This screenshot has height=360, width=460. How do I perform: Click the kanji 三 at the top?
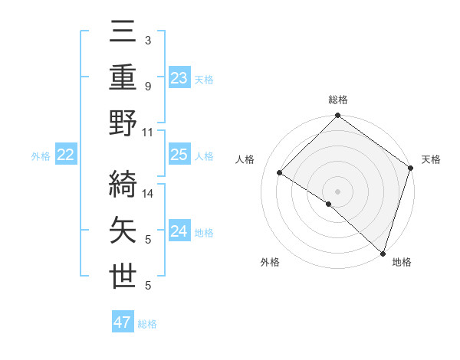click(x=123, y=34)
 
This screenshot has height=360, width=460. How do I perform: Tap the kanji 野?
click(x=123, y=124)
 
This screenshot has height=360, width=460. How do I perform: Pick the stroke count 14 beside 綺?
click(x=149, y=195)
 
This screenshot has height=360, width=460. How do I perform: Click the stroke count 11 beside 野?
click(x=149, y=133)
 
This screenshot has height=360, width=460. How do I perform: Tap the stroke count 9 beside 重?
click(x=148, y=87)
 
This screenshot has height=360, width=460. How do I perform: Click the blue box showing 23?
click(x=179, y=77)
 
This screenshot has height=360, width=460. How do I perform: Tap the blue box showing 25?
click(x=179, y=155)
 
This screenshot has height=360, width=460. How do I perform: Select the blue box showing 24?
click(x=179, y=231)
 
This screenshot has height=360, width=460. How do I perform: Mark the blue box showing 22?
click(x=66, y=155)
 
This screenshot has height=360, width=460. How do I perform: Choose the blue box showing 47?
click(x=123, y=322)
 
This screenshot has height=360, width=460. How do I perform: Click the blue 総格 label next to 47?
click(x=147, y=324)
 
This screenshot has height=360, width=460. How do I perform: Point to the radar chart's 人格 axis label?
click(x=245, y=159)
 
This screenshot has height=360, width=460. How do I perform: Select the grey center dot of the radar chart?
click(x=337, y=191)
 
